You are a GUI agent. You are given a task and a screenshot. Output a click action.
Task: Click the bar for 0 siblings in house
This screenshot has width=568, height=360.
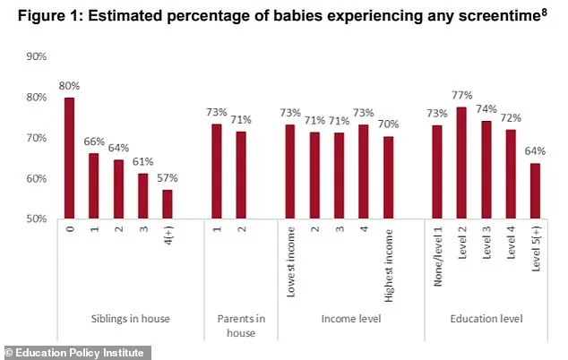69,158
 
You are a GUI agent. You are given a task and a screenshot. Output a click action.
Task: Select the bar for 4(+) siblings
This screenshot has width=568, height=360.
168,204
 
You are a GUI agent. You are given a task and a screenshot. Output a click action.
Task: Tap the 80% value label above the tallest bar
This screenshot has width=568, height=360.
69,86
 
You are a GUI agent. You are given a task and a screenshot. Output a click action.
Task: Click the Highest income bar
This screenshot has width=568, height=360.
388,177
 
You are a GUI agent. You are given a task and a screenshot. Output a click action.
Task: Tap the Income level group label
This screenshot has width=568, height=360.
338,319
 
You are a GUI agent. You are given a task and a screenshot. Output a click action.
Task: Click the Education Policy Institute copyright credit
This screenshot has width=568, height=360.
74,351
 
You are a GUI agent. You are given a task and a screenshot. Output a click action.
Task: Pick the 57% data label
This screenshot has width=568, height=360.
168,177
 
